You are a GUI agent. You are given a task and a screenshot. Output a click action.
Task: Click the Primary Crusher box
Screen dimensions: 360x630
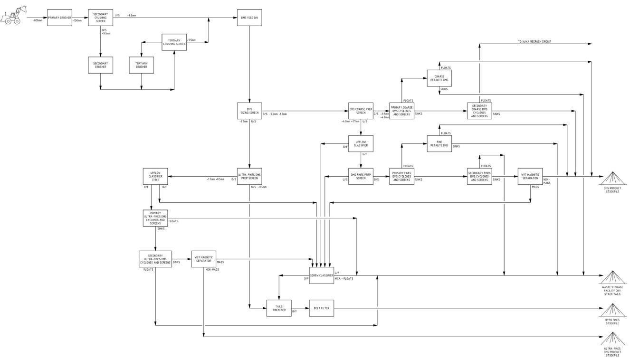click(x=59, y=18)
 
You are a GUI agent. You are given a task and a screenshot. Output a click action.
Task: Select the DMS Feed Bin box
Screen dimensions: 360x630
click(x=249, y=18)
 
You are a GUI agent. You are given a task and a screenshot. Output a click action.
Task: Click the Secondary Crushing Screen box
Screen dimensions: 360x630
click(x=100, y=18)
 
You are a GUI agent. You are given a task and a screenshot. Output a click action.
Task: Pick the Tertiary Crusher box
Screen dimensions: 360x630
click(x=141, y=65)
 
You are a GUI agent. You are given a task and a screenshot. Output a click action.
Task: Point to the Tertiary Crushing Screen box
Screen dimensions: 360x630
click(x=174, y=42)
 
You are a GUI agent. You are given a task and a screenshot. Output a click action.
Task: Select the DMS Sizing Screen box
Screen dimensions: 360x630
click(x=249, y=111)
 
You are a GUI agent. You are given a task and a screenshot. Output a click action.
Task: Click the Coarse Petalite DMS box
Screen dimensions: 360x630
click(x=439, y=78)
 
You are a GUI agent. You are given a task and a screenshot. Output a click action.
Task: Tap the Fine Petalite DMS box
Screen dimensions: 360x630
click(x=439, y=143)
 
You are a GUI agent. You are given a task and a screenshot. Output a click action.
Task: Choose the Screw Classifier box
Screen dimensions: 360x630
click(x=321, y=275)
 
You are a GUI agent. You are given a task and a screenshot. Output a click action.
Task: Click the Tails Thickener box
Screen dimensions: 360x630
click(x=279, y=308)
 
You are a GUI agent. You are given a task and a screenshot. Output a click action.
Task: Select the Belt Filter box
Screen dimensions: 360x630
click(x=321, y=308)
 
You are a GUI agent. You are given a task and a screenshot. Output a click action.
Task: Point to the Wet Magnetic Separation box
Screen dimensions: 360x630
click(x=530, y=176)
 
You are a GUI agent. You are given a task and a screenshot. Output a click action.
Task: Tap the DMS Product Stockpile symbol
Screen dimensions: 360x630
click(x=612, y=179)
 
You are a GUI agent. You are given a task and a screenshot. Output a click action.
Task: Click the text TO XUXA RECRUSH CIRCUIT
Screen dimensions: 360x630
click(x=535, y=42)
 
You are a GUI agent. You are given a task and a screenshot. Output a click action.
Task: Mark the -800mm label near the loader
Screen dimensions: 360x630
click(x=37, y=21)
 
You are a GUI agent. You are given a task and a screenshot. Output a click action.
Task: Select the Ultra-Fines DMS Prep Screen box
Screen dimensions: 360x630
click(x=249, y=176)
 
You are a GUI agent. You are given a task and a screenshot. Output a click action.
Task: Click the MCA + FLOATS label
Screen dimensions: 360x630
click(x=344, y=278)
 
